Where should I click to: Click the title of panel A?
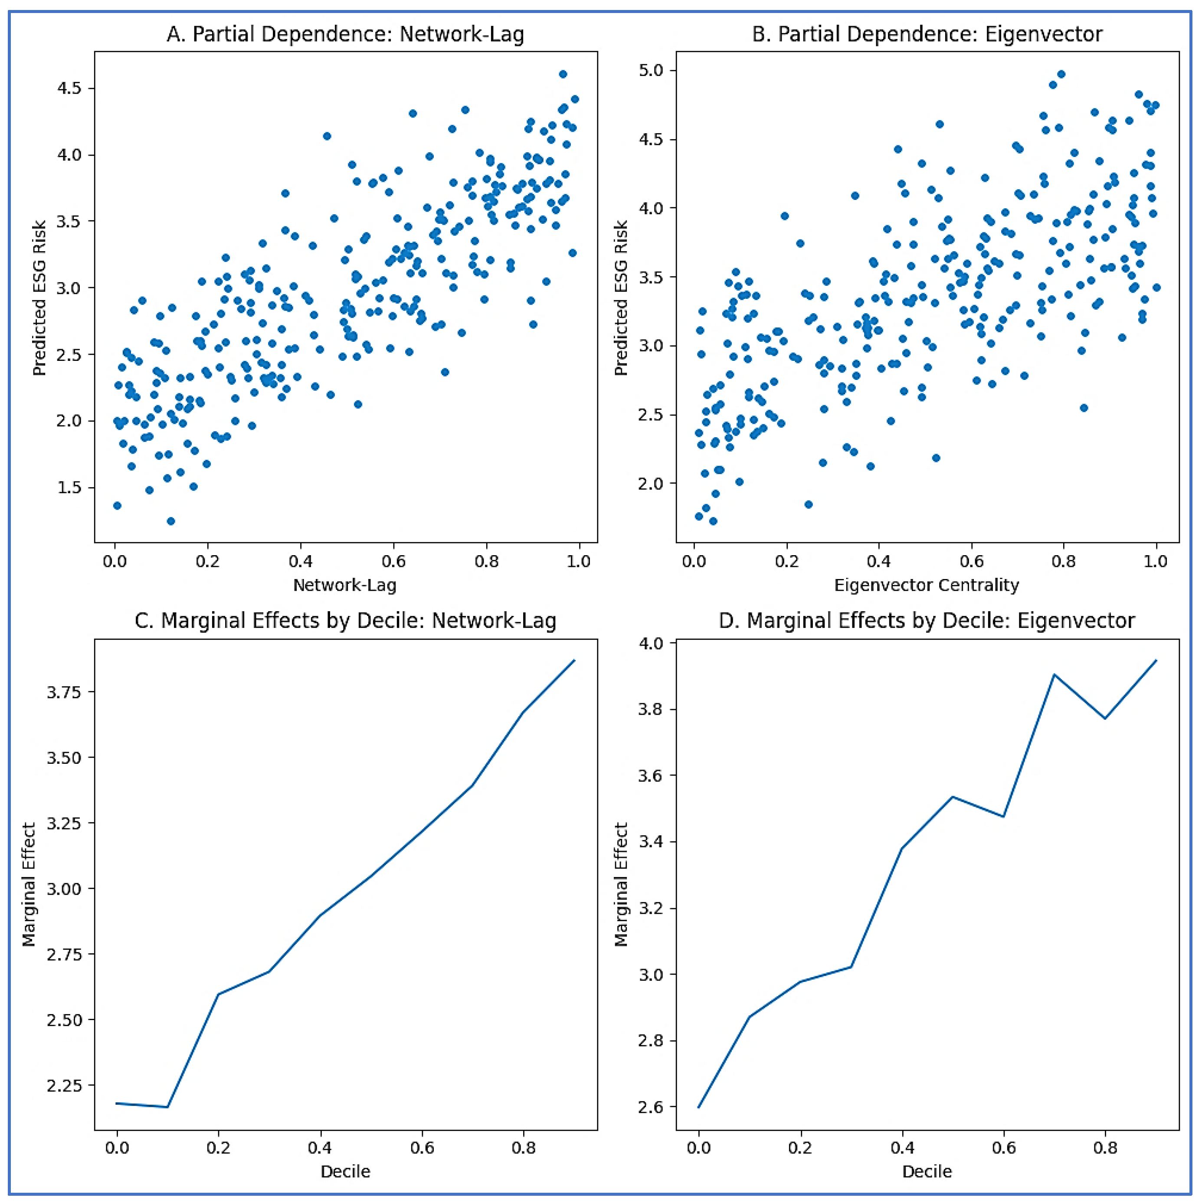point(345,34)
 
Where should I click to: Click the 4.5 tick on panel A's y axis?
point(69,88)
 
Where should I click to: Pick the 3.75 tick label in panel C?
point(64,692)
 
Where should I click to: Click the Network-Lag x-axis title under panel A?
point(344,585)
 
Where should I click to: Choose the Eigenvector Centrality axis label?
point(927,585)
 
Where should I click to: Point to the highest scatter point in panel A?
point(563,74)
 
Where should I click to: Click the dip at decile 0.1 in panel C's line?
point(167,1107)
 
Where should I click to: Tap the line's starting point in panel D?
point(699,1107)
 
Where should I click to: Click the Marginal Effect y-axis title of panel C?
point(29,885)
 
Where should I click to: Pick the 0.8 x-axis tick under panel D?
point(1105,1148)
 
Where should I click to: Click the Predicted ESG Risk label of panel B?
point(621,298)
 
